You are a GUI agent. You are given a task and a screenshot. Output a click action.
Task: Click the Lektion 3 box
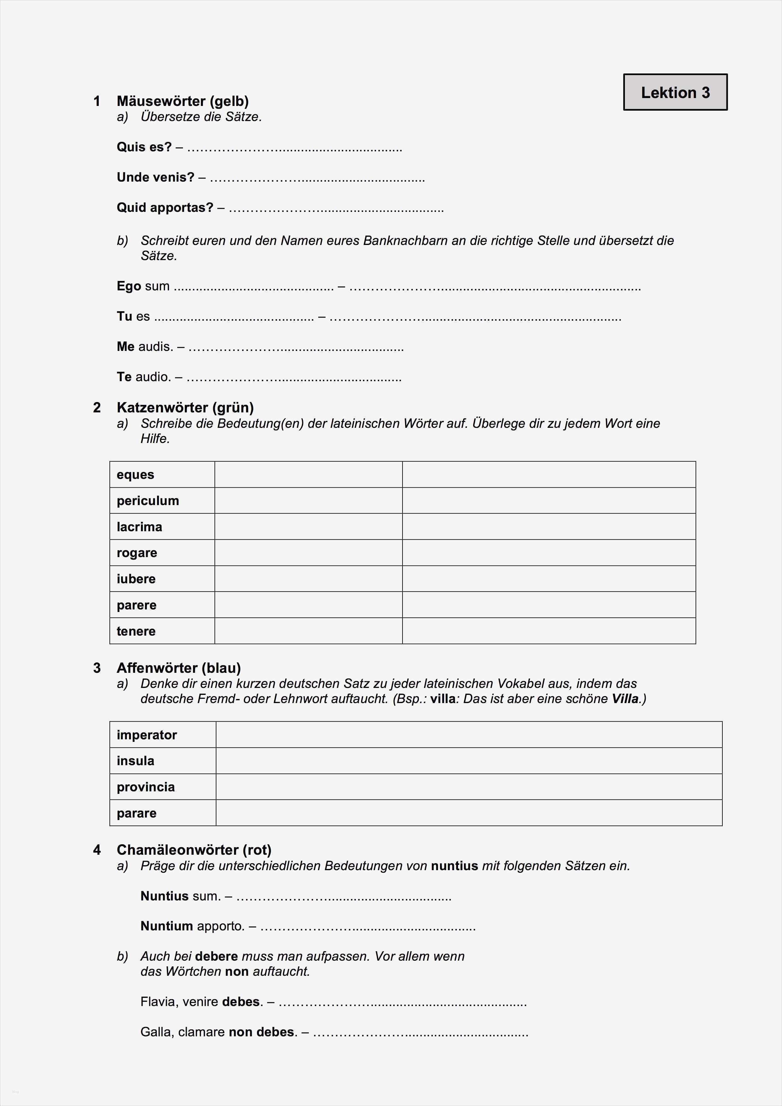click(x=675, y=92)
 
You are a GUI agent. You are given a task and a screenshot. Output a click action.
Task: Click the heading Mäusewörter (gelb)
click(x=183, y=101)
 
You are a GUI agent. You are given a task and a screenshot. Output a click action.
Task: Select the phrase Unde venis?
click(x=155, y=177)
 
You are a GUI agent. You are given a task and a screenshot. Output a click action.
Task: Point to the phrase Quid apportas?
click(x=165, y=208)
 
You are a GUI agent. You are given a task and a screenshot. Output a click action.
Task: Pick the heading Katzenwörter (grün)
click(x=185, y=408)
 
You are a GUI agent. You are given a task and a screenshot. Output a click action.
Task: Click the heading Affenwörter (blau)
click(x=179, y=668)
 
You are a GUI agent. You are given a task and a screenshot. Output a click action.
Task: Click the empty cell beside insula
click(x=468, y=761)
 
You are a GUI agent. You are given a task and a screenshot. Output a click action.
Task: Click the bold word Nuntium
click(x=167, y=926)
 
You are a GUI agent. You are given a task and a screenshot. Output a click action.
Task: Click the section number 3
click(x=97, y=668)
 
